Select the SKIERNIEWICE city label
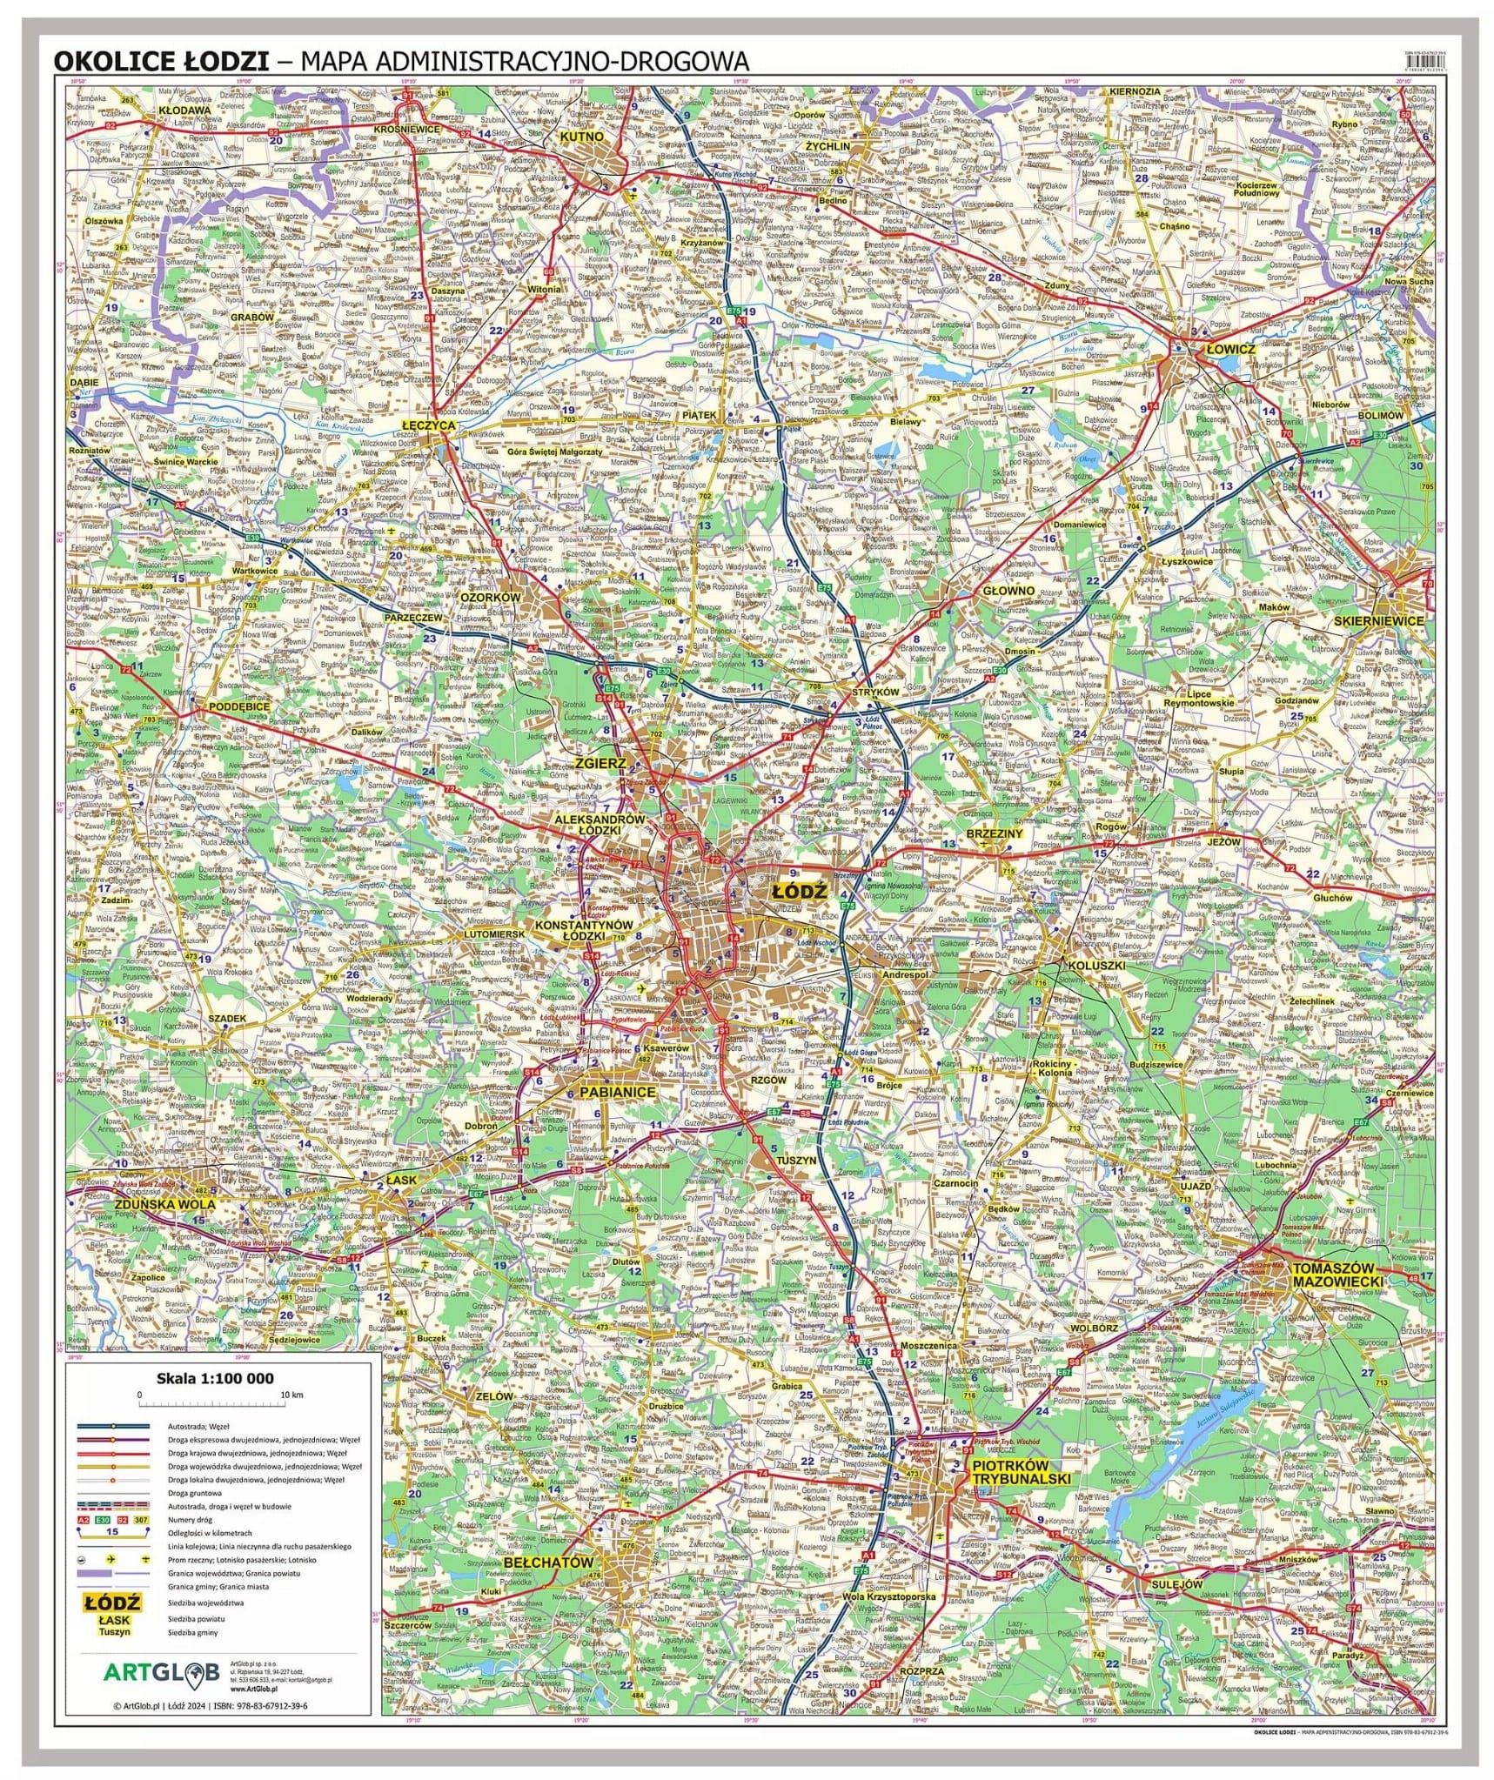click(1380, 621)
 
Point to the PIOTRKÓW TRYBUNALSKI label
click(1021, 1471)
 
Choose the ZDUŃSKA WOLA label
click(164, 1205)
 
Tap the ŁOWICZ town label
click(1229, 349)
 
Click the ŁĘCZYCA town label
click(428, 425)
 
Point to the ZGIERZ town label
click(600, 763)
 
